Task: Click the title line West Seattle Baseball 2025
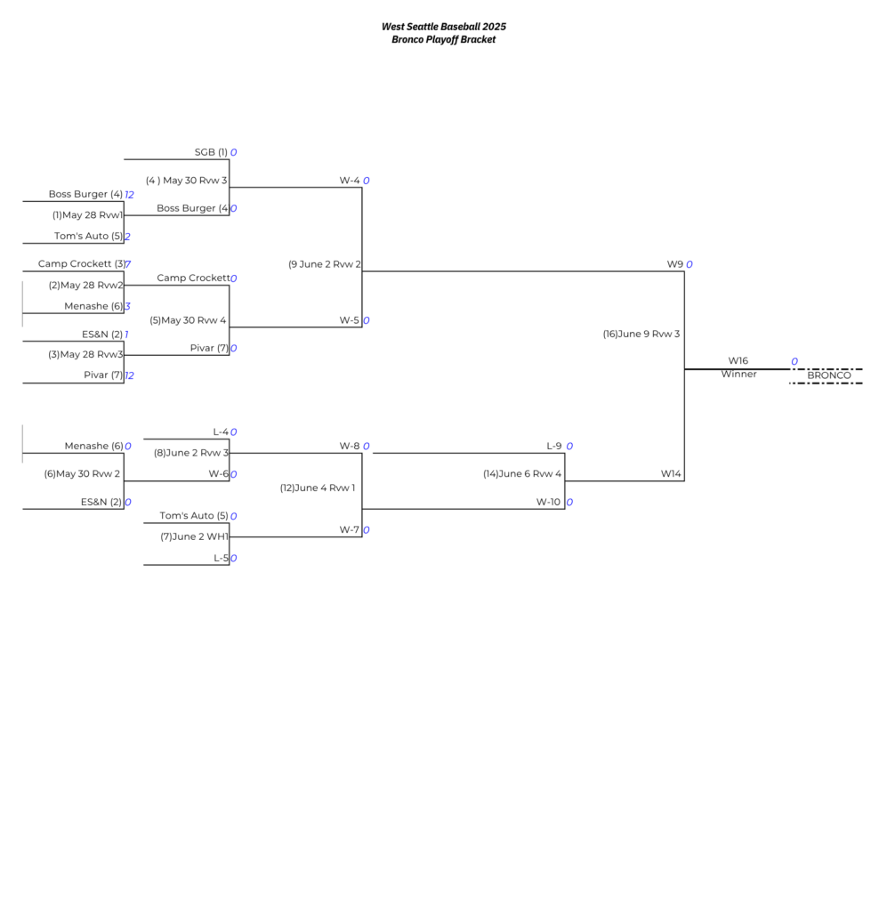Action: pos(443,27)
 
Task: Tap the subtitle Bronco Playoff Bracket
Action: pos(443,39)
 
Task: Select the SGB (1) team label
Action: pos(211,152)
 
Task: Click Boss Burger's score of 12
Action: pos(129,194)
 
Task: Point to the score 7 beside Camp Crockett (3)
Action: pos(128,264)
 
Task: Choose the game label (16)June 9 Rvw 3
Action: pos(641,335)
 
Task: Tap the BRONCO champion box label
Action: pos(828,375)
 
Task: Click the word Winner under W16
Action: pos(738,375)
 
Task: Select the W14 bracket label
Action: pos(671,474)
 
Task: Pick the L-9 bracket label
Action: pos(553,447)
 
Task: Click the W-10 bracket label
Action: pos(548,502)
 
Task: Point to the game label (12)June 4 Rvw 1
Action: pos(317,488)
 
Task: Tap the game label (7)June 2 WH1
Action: pos(194,536)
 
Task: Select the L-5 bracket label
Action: pos(221,559)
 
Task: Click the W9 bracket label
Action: pos(674,264)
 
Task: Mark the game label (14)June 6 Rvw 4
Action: pos(522,474)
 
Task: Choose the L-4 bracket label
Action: pos(221,432)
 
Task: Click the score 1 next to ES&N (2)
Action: pos(126,335)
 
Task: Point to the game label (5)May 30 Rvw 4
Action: pos(188,320)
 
